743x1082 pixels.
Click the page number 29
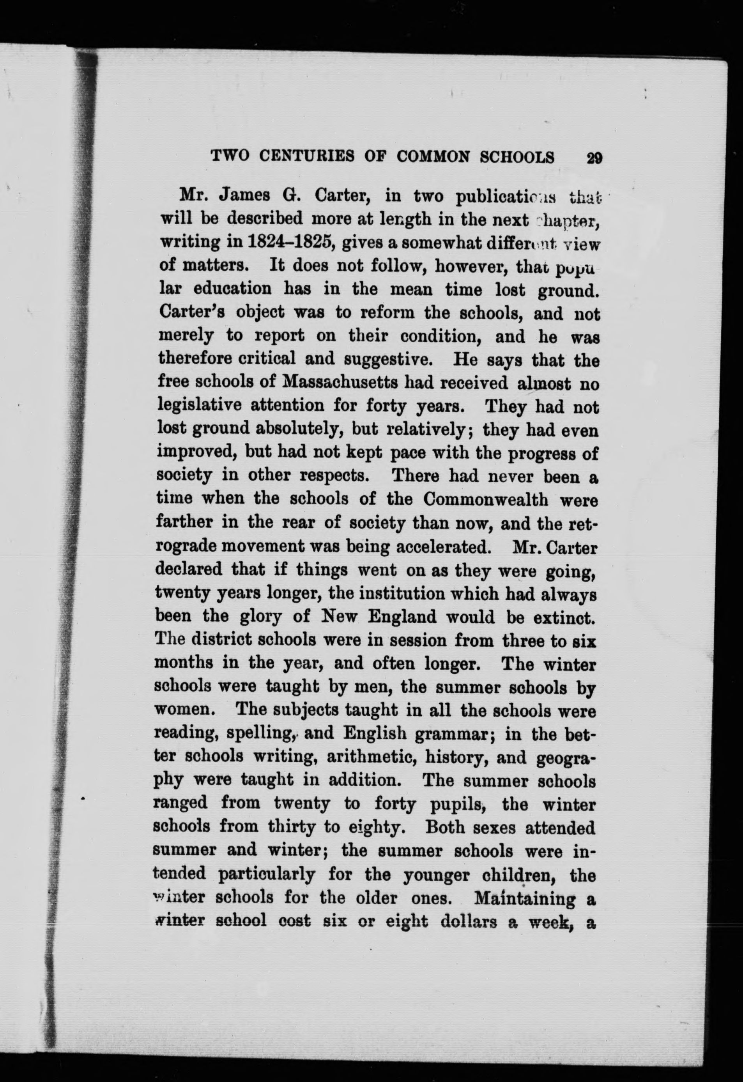pyautogui.click(x=594, y=158)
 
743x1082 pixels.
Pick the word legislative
pyautogui.click(x=200, y=406)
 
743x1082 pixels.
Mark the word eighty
pyautogui.click(x=375, y=828)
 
